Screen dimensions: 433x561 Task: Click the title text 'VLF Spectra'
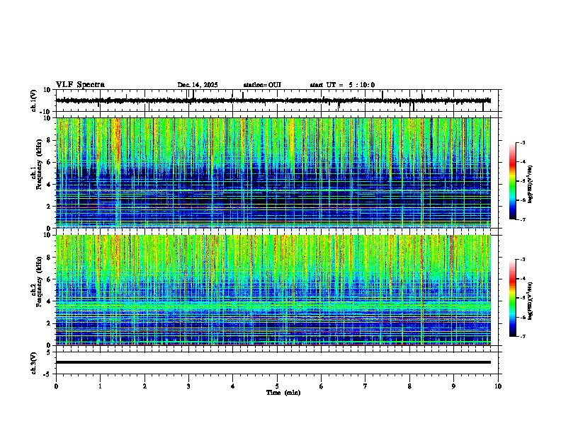point(80,85)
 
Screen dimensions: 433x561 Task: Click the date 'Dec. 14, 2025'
point(198,85)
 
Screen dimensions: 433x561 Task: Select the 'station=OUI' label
point(262,85)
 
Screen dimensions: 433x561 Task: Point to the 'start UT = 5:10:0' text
point(342,85)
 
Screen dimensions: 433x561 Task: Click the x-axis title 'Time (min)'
point(283,392)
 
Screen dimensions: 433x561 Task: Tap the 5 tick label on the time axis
point(277,386)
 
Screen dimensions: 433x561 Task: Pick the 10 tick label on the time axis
point(498,386)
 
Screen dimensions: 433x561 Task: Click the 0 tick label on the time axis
point(56,386)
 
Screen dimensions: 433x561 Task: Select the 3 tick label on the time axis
point(188,386)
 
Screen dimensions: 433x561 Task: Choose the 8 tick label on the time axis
point(409,386)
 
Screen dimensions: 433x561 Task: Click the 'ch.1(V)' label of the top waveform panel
point(34,101)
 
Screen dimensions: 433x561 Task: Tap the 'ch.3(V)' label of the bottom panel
point(34,362)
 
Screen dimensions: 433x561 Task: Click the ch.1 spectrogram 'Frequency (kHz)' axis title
point(38,173)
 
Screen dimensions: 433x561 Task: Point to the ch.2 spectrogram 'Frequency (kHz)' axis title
point(38,290)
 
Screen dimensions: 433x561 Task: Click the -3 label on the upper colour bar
point(522,143)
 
